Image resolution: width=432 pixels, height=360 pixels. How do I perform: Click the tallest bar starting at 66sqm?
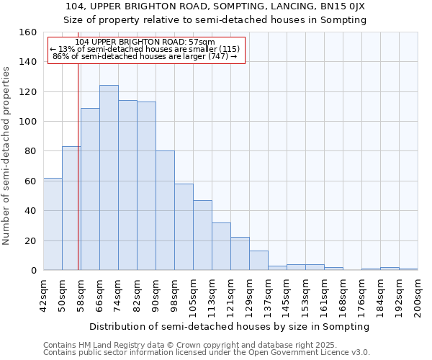pos(109,178)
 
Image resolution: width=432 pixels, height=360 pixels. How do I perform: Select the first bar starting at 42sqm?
pos(53,224)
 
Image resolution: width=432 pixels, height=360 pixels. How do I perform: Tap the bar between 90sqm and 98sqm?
pos(165,210)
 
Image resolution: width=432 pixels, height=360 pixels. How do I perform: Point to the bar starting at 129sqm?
pos(258,261)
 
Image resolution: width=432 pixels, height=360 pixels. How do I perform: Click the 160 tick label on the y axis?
pos(28,32)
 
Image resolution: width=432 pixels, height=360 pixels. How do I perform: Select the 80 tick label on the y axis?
pos(31,151)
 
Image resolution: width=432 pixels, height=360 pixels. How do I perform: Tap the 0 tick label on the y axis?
pos(34,271)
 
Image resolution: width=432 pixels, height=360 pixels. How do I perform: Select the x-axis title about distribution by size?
pos(230,326)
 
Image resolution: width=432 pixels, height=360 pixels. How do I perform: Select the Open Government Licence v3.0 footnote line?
pos(207,352)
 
